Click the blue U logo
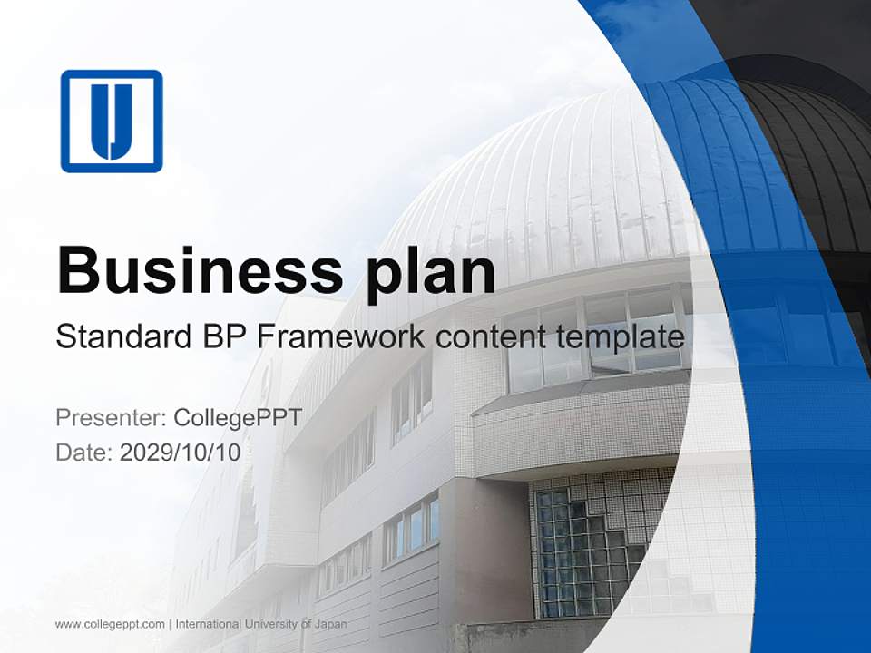(x=112, y=121)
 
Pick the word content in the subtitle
(x=489, y=337)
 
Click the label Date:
(x=84, y=452)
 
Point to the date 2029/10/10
(x=181, y=452)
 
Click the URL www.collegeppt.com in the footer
(x=110, y=624)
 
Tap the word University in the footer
(x=275, y=624)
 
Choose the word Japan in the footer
(x=330, y=624)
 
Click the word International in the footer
(x=209, y=624)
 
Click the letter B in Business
(x=76, y=269)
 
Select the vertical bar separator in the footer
(x=171, y=624)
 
